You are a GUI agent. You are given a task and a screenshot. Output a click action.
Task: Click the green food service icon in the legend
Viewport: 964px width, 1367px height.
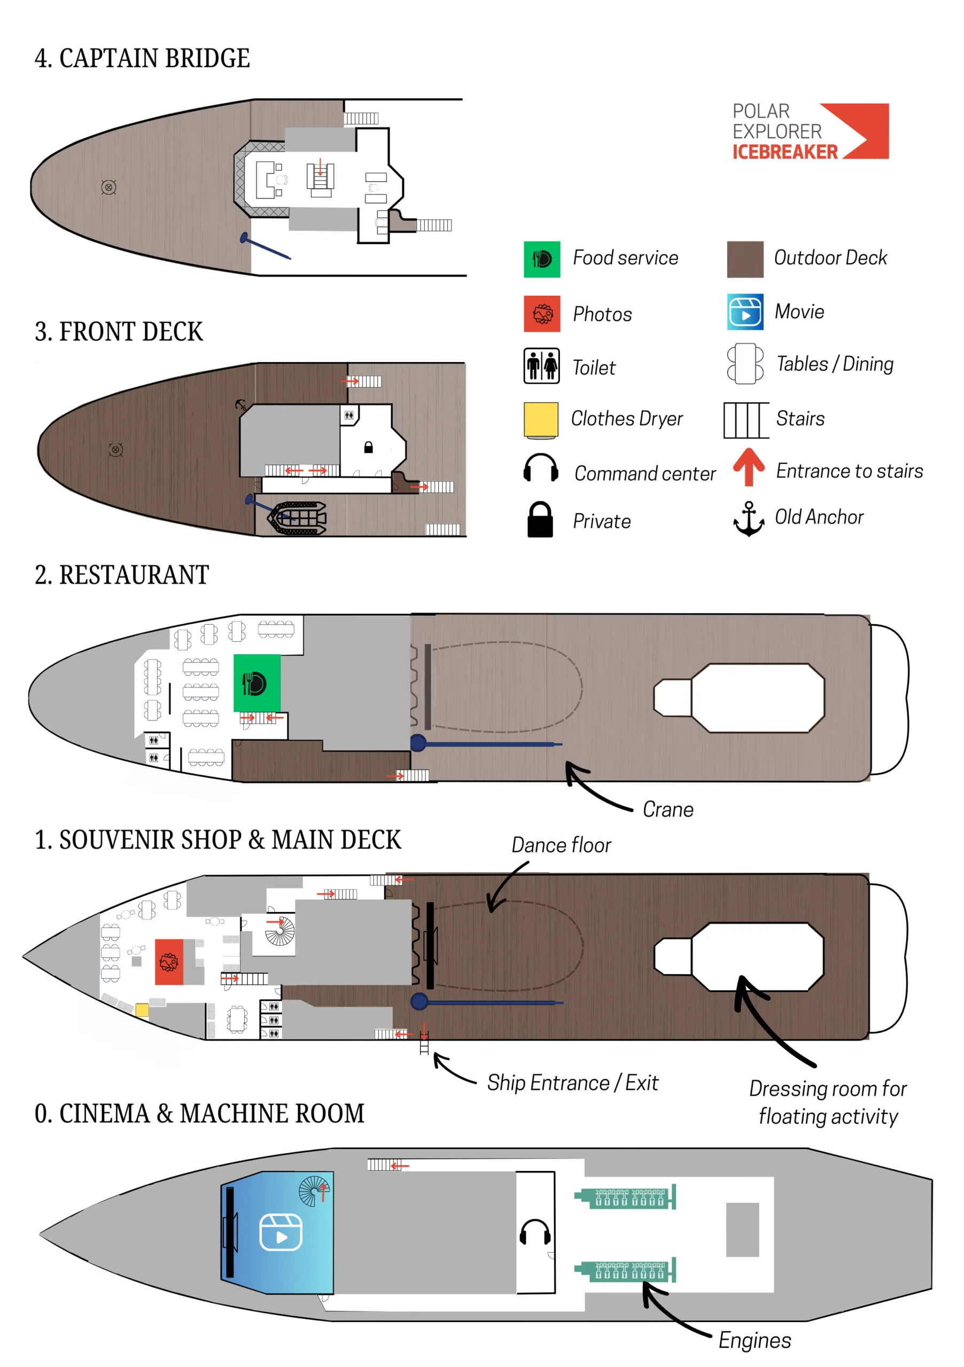tap(541, 260)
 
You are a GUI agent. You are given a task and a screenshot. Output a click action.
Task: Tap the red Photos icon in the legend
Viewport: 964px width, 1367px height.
tap(541, 314)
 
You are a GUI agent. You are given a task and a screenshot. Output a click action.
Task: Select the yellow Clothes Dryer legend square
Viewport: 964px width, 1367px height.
tap(540, 420)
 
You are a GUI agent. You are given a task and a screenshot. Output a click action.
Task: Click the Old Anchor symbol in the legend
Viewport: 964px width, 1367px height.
tap(748, 518)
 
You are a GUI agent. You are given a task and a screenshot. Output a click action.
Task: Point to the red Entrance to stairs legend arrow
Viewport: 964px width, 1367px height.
tap(748, 467)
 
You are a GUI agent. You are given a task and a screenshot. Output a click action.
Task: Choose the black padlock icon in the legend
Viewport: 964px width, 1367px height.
tap(540, 520)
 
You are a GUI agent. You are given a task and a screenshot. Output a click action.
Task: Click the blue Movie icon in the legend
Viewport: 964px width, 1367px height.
tap(745, 312)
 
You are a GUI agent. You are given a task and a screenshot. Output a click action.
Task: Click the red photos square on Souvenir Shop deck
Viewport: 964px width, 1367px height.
tap(169, 962)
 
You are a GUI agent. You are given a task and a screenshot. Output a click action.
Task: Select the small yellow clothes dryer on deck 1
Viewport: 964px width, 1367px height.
tap(142, 1010)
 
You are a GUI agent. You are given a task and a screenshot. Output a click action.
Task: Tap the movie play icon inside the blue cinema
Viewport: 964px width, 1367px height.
tap(281, 1232)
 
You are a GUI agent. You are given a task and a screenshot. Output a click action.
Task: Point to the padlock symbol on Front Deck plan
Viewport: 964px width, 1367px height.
tap(368, 447)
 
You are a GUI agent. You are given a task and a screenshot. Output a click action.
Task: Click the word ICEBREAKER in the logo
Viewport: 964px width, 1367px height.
tap(784, 152)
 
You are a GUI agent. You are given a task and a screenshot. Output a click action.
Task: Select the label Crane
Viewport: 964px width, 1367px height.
tap(668, 810)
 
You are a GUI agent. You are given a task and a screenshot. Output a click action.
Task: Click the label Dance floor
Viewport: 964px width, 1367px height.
tap(561, 845)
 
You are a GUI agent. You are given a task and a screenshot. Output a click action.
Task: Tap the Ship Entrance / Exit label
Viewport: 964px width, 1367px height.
tap(572, 1082)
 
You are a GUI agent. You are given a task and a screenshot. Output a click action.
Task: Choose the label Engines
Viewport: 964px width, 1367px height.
tap(755, 1340)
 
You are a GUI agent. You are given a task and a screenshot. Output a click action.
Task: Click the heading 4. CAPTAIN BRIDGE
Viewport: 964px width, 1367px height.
tap(142, 58)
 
